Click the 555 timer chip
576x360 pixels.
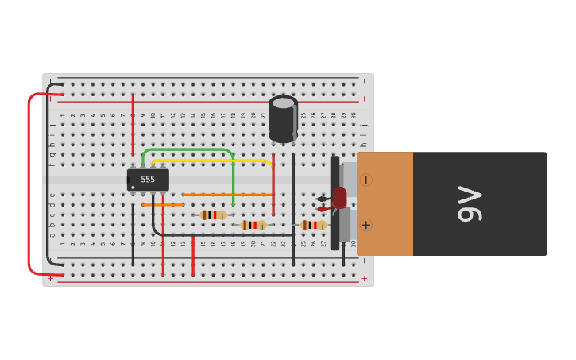tap(148, 180)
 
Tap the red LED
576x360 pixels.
tap(339, 197)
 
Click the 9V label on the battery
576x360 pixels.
tap(470, 204)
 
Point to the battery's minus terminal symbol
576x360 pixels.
tap(365, 180)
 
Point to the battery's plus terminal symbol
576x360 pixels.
tap(365, 225)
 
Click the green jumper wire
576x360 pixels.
tap(191, 149)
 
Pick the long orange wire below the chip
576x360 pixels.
tap(228, 194)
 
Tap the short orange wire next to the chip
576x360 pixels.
tap(162, 204)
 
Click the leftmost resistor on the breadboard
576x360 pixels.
tap(212, 215)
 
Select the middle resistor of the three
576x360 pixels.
tap(253, 225)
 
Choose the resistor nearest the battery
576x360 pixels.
tap(313, 225)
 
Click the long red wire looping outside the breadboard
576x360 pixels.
tap(29, 183)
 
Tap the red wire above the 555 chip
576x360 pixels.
tap(133, 123)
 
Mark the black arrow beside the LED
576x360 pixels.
tap(322, 199)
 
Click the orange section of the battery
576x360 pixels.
tap(386, 203)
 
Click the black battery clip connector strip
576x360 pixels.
tap(334, 203)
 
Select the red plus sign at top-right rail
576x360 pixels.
tap(365, 99)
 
